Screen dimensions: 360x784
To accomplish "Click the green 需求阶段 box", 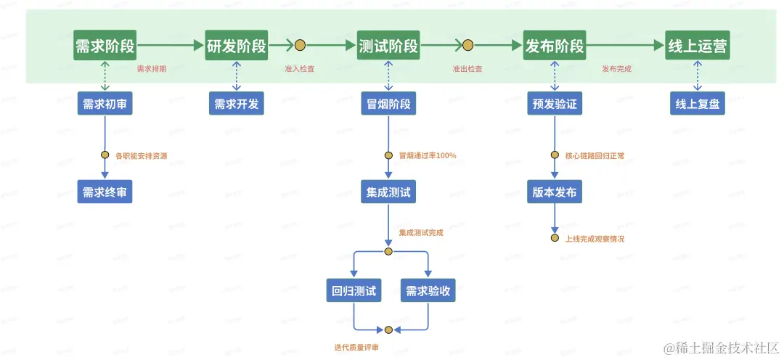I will click(105, 46).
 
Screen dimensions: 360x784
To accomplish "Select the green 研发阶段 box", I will click(236, 46).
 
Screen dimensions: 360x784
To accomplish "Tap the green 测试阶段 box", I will click(388, 46).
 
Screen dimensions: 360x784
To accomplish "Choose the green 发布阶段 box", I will click(555, 46).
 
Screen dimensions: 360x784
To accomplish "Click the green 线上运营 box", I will click(698, 46).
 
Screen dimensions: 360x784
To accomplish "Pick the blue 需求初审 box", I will click(105, 104).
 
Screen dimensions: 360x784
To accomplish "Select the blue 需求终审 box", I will click(105, 192).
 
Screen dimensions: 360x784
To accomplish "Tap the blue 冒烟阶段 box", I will click(388, 104).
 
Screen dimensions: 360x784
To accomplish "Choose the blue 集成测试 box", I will click(388, 192).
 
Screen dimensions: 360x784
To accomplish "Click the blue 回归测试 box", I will click(354, 291).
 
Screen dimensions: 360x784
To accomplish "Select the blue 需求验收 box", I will click(428, 291).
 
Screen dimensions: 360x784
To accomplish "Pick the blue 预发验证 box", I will click(555, 104).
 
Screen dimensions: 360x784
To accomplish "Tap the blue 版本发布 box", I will click(555, 192).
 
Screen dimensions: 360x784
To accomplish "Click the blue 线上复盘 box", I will click(698, 104).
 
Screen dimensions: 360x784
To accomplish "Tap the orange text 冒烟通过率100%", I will click(427, 155).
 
